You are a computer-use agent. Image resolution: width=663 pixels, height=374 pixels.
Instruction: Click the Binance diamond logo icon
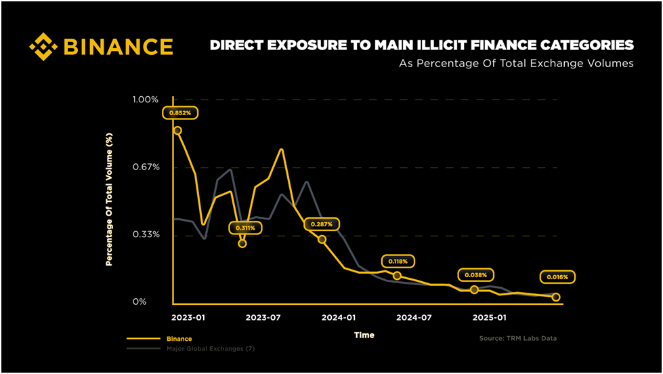(44, 46)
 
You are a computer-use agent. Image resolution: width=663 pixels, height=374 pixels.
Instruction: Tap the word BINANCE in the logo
(118, 47)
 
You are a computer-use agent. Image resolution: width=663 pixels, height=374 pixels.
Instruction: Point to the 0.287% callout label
(321, 224)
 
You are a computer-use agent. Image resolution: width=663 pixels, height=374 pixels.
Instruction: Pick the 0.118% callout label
(398, 261)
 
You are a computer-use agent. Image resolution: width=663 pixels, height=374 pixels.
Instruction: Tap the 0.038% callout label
(476, 275)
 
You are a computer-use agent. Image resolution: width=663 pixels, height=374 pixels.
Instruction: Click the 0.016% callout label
(557, 276)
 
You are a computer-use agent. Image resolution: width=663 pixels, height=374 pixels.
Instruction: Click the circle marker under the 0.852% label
(177, 130)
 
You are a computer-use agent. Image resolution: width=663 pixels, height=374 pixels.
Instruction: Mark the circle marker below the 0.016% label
(556, 297)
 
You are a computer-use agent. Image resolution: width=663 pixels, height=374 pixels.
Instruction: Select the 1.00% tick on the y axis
(144, 100)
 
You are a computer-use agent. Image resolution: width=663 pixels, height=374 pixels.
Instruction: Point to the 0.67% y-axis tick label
(144, 167)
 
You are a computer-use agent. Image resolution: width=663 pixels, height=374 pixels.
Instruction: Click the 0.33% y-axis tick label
(144, 234)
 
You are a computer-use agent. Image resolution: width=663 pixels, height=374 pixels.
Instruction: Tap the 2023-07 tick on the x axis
(263, 317)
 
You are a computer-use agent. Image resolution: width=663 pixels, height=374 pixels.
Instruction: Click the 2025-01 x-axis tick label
(490, 317)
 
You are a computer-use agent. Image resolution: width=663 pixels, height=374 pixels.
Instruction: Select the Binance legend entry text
(179, 338)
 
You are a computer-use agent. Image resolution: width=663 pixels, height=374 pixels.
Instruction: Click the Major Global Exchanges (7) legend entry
(210, 348)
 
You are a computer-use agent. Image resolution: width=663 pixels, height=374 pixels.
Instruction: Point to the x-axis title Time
(364, 335)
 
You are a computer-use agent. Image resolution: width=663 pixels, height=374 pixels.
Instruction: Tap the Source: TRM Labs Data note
(517, 337)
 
